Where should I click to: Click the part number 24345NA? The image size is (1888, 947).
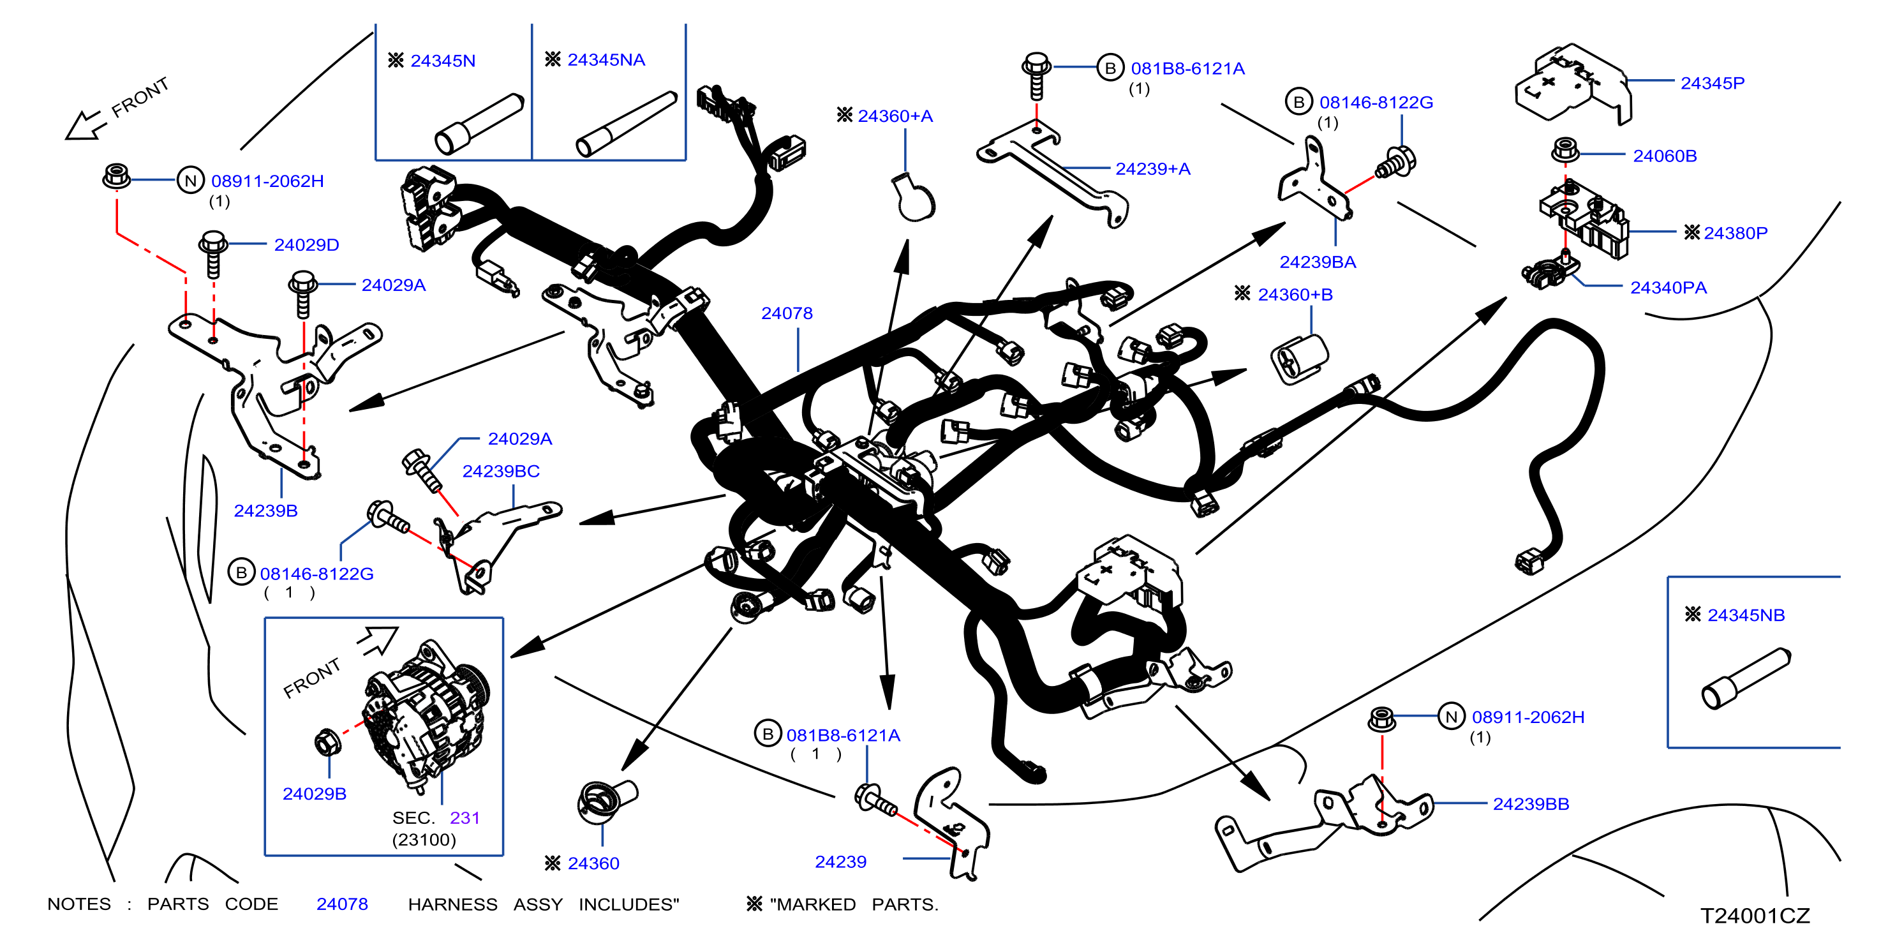[606, 60]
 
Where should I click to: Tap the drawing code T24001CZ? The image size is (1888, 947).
[1755, 916]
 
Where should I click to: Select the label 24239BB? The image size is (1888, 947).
[1531, 804]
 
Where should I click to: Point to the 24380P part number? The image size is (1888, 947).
[1736, 233]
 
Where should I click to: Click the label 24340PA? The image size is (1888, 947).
[1668, 288]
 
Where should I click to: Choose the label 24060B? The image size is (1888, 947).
[1665, 156]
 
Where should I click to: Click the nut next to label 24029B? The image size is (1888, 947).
[327, 743]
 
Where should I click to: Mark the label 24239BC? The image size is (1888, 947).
[501, 472]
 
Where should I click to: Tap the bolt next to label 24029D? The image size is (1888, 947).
[213, 255]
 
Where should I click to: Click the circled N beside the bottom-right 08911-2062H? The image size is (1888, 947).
[1451, 717]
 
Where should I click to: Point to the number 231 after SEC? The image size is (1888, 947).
[465, 818]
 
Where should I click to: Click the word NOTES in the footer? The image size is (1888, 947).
[79, 904]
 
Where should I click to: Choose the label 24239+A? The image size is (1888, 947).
[1152, 169]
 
